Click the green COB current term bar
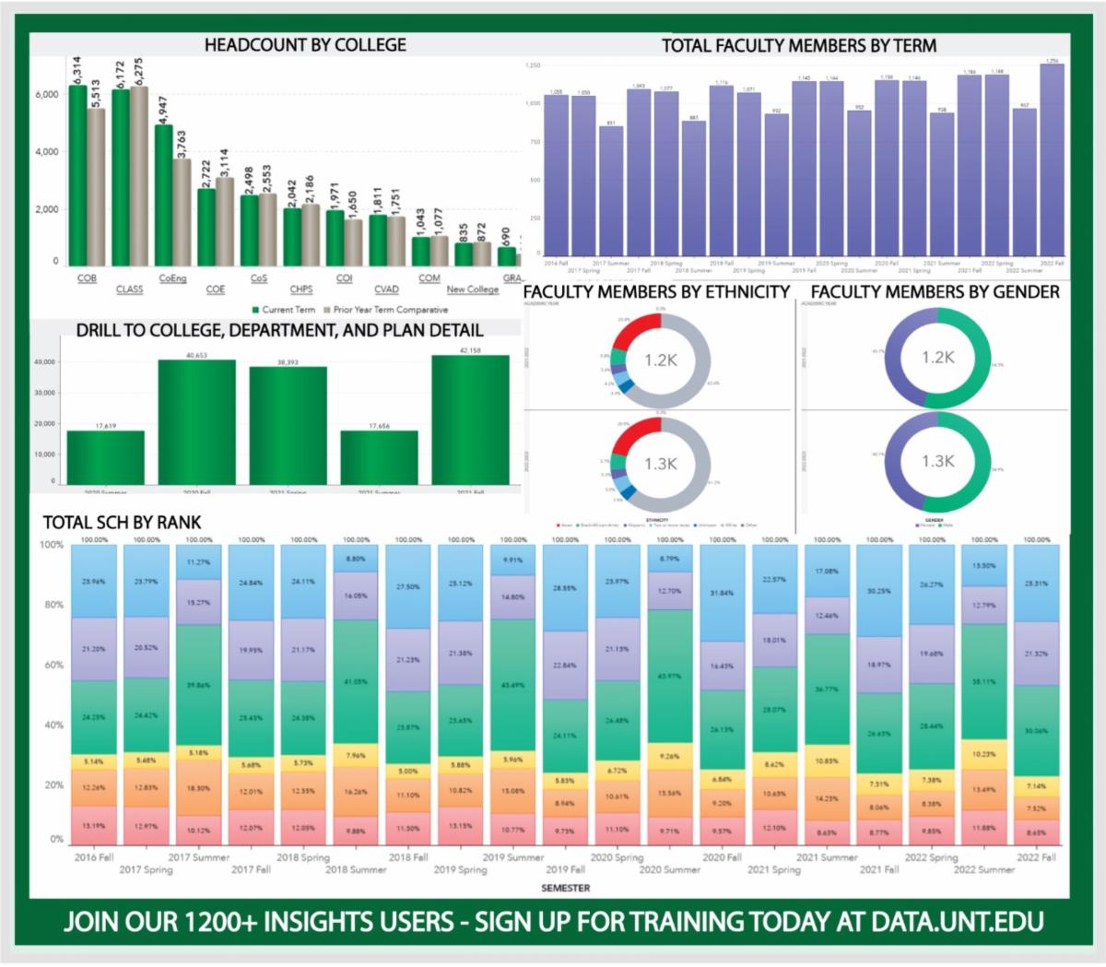(77, 175)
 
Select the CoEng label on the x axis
(172, 277)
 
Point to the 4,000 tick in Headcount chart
(46, 152)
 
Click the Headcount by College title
(305, 44)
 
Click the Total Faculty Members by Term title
(799, 45)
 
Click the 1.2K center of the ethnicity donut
(659, 360)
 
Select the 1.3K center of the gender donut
(937, 460)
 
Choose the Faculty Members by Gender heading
(935, 291)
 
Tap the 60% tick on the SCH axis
(53, 665)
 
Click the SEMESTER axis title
(566, 888)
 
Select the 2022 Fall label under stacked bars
(1037, 856)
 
